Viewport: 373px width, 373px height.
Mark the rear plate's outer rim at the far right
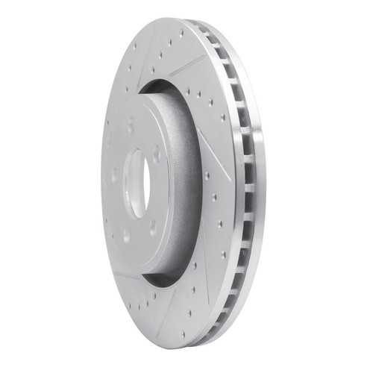[x=263, y=186]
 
